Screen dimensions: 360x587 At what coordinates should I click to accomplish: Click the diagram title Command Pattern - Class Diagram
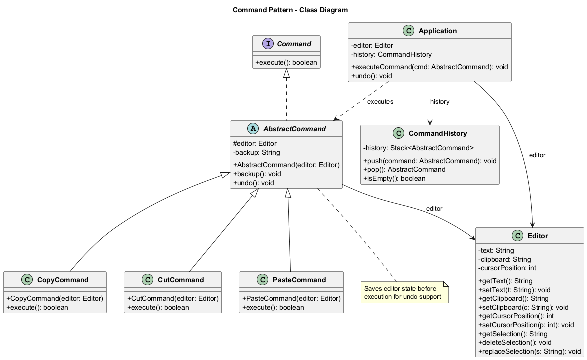point(290,10)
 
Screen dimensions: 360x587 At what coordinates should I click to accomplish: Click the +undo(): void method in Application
point(372,76)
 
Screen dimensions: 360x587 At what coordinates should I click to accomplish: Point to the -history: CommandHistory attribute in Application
point(391,54)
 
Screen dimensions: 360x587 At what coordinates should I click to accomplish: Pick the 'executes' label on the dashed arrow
point(380,102)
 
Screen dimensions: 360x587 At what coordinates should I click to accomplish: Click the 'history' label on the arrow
point(440,102)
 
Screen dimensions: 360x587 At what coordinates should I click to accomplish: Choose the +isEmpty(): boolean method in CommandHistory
point(394,178)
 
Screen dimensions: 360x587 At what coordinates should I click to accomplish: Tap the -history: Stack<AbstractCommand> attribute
point(418,148)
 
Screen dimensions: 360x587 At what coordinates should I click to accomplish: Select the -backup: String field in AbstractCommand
point(256,152)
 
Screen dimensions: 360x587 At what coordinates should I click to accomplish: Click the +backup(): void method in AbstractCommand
point(257,174)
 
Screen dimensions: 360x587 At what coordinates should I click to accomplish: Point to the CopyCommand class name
point(63,280)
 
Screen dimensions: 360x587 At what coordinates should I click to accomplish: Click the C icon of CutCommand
point(147,280)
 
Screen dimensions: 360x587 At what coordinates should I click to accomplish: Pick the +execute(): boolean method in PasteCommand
point(273,307)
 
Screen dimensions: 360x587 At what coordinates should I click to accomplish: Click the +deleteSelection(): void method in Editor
point(515,342)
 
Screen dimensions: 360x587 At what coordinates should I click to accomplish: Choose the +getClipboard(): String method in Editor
point(513,299)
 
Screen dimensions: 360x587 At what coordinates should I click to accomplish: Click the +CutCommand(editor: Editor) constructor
point(173,298)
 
